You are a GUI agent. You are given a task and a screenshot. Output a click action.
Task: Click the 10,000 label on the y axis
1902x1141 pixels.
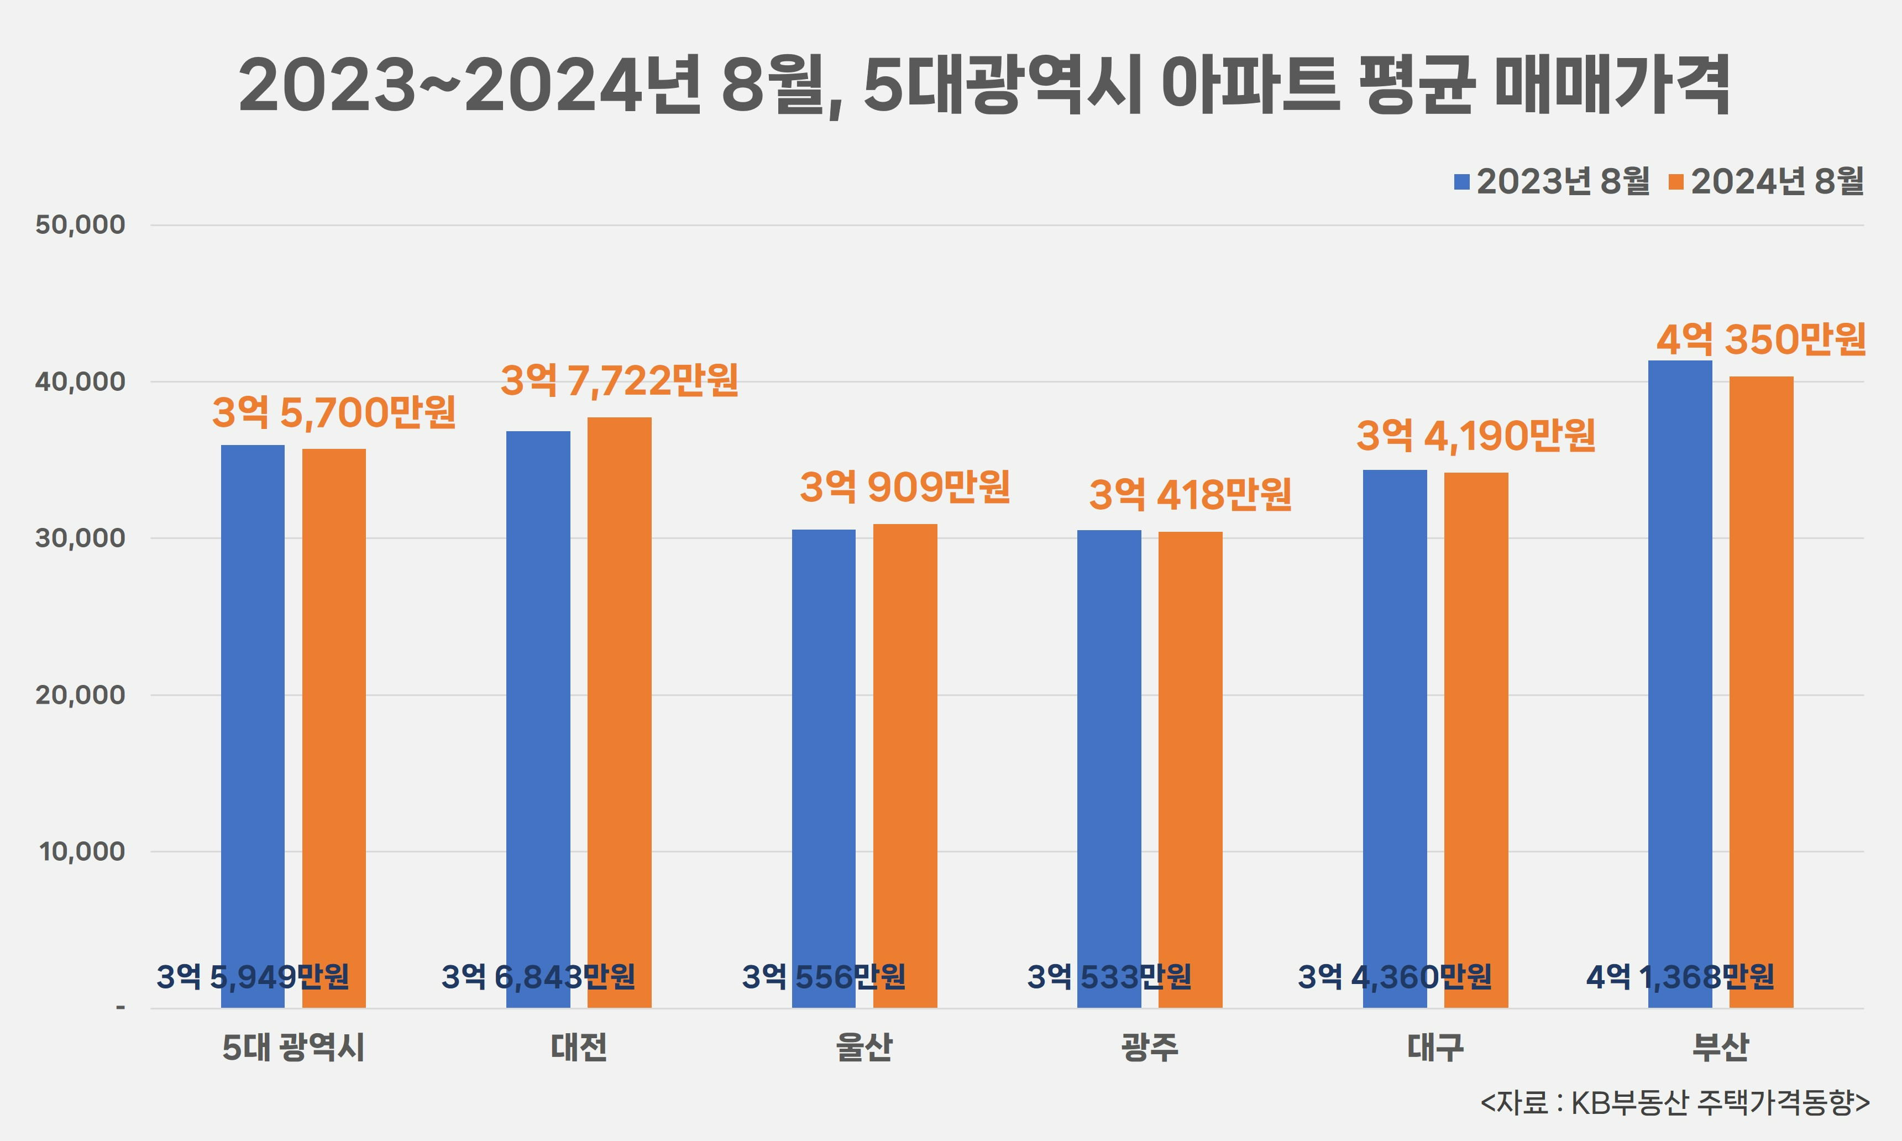click(81, 852)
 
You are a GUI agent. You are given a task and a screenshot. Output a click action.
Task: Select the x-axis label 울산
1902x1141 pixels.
click(864, 1047)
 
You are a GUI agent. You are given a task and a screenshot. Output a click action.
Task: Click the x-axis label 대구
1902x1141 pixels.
click(1435, 1047)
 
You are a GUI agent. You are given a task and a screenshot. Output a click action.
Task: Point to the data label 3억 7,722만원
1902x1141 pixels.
click(619, 380)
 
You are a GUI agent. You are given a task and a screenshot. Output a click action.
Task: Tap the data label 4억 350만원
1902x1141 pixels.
click(1760, 339)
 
